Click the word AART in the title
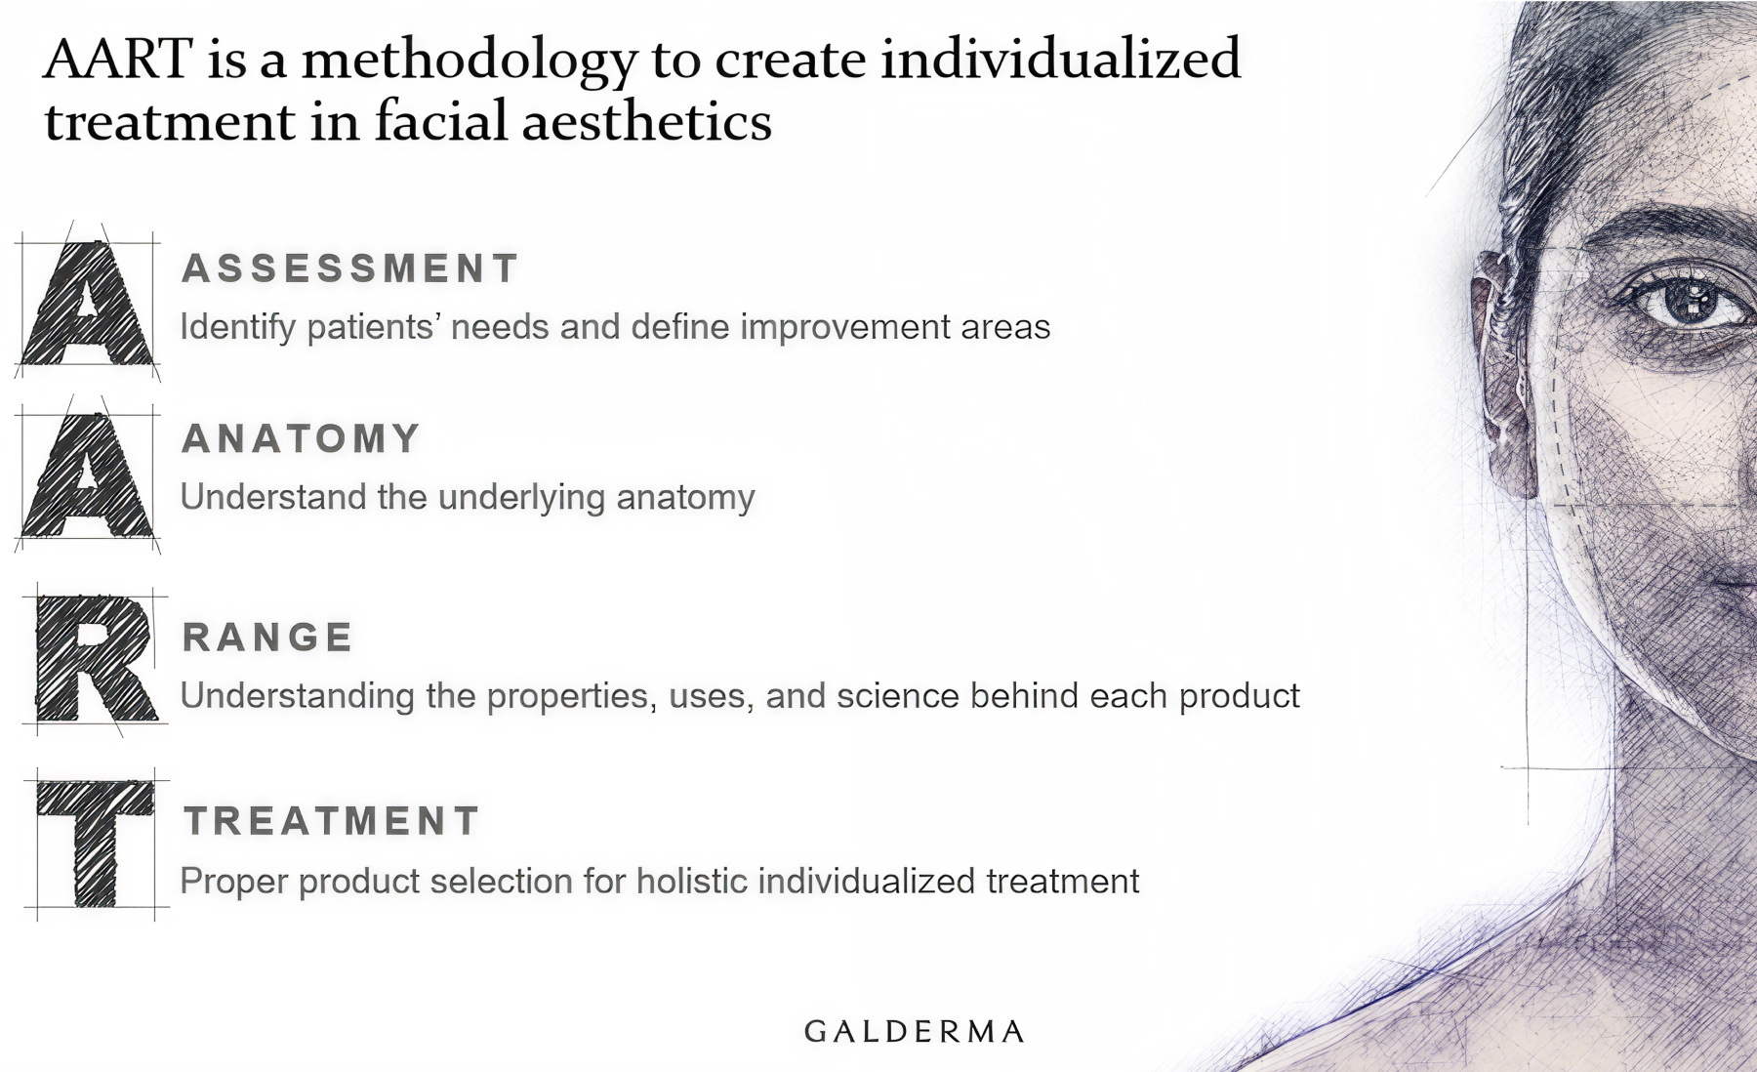point(118,60)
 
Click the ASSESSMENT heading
point(349,268)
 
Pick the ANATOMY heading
point(301,438)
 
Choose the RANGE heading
point(267,637)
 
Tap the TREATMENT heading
point(332,820)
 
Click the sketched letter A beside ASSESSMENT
point(88,303)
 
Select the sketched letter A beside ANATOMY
point(88,475)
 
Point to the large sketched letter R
point(96,659)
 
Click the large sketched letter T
point(96,844)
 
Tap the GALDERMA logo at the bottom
point(915,1031)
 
